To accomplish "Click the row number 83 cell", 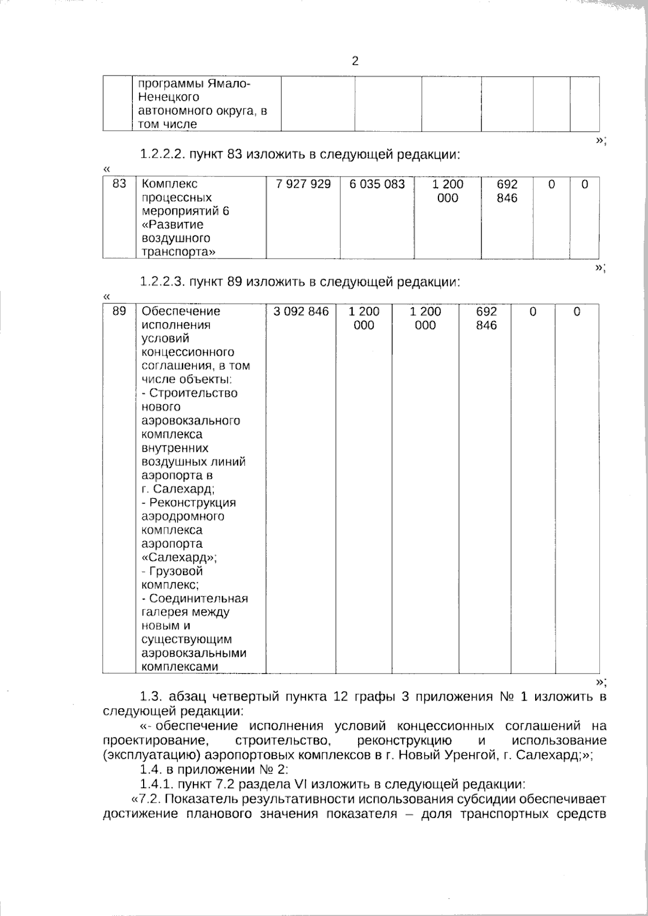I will click(119, 185).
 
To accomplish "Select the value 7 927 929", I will click(303, 185).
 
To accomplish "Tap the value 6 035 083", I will click(377, 185).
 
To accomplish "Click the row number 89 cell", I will click(119, 311).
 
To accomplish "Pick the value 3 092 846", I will click(301, 311).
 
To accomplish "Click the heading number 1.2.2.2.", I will click(162, 155).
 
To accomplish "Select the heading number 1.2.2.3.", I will click(162, 282).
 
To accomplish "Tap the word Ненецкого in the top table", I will click(168, 98).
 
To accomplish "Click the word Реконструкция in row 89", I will click(192, 503).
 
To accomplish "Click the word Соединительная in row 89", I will click(198, 599).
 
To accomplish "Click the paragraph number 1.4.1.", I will click(156, 784).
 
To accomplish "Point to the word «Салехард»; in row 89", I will click(179, 558).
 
